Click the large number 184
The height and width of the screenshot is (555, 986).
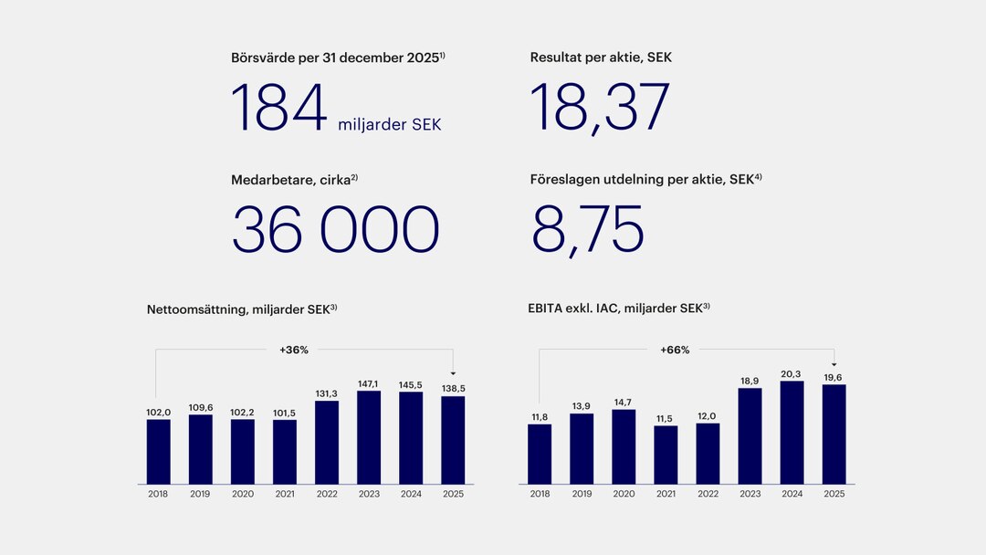click(x=279, y=109)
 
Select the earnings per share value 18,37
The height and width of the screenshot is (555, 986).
click(x=600, y=109)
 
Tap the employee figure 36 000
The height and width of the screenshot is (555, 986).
click(x=335, y=229)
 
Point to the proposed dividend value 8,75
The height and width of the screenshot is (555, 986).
click(x=588, y=229)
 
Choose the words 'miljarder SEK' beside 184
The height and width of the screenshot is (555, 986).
click(x=389, y=124)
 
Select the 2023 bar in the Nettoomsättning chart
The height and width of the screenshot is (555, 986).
click(x=369, y=437)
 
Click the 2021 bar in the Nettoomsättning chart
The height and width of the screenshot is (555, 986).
click(x=285, y=452)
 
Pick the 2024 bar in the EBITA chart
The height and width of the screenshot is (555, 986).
click(x=792, y=432)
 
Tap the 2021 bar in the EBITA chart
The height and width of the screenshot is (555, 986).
click(x=666, y=455)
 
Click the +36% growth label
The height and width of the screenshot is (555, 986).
click(x=294, y=350)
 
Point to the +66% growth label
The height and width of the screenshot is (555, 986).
click(x=676, y=350)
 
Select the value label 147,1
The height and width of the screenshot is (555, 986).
click(x=369, y=384)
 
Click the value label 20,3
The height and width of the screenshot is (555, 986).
click(x=792, y=374)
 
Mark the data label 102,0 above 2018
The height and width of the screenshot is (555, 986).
click(x=159, y=413)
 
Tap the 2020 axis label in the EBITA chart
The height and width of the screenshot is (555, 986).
click(x=624, y=494)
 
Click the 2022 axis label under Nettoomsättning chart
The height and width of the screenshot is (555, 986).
click(x=327, y=494)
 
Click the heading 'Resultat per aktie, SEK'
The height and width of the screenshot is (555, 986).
click(x=601, y=58)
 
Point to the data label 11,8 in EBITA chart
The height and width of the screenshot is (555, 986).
click(x=540, y=417)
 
